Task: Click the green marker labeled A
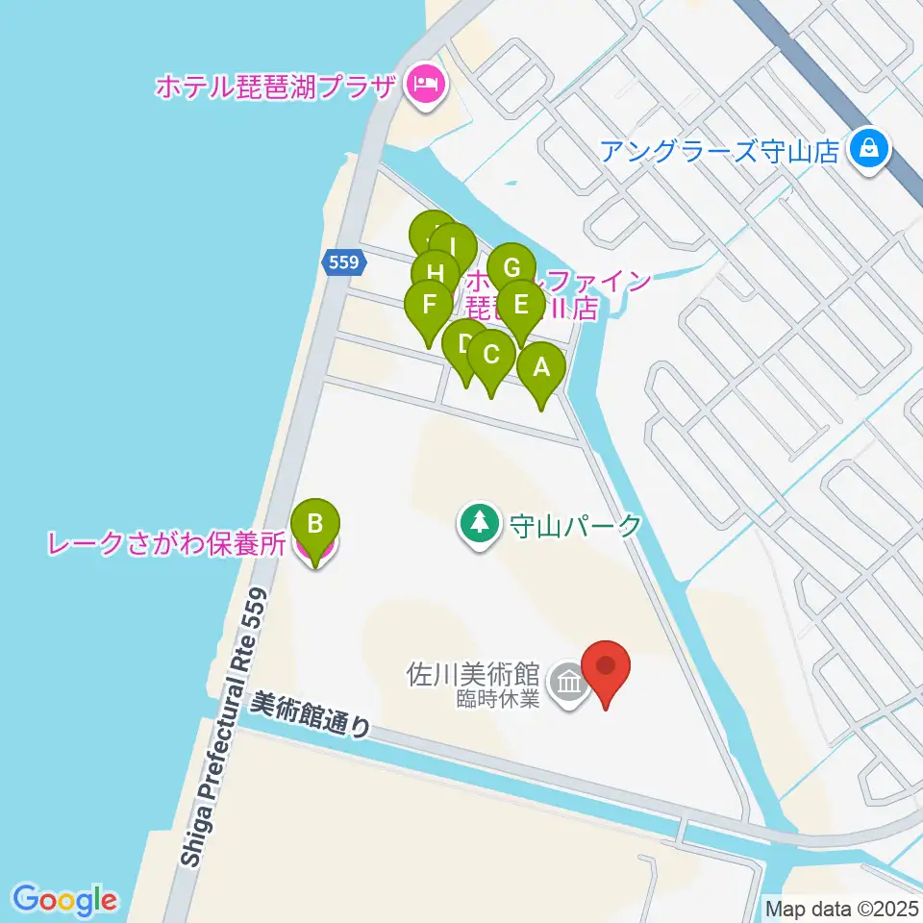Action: coord(540,367)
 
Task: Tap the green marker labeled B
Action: coord(314,525)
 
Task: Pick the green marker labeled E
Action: coord(521,306)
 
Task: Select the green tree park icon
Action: coord(478,525)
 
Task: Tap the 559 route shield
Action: coord(342,261)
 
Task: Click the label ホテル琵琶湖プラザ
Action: coord(277,87)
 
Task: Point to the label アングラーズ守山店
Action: coord(719,151)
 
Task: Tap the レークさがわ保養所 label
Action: coord(166,544)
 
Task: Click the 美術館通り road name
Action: coord(310,715)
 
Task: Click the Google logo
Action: coord(65,900)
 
